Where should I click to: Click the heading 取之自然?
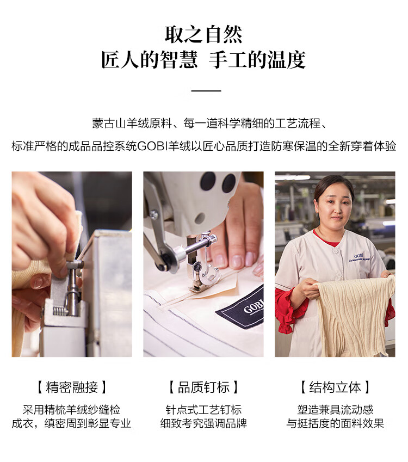pyautogui.click(x=203, y=34)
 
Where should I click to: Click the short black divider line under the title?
pyautogui.click(x=206, y=91)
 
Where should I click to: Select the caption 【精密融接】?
pyautogui.click(x=72, y=387)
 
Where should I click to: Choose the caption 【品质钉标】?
pyautogui.click(x=203, y=387)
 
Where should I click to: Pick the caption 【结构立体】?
pyautogui.click(x=335, y=387)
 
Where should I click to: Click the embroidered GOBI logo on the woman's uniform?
pyautogui.click(x=358, y=257)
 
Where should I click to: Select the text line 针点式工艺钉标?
pyautogui.click(x=203, y=410)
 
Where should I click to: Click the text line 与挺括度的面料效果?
pyautogui.click(x=335, y=424)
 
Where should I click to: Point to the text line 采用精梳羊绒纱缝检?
pyautogui.click(x=72, y=410)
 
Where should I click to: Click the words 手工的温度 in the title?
pyautogui.click(x=257, y=60)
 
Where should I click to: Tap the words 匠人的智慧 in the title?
pyautogui.click(x=150, y=60)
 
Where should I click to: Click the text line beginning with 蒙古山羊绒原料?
pyautogui.click(x=209, y=124)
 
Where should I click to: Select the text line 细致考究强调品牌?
pyautogui.click(x=203, y=424)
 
